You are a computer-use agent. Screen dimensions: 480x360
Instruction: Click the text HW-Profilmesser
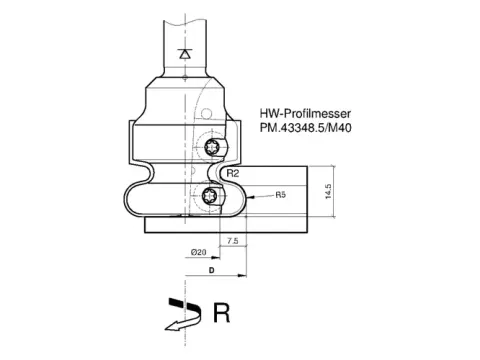(x=305, y=114)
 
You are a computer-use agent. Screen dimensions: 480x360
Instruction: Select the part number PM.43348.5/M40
(x=305, y=128)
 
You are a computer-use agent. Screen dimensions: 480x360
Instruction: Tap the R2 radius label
(x=233, y=173)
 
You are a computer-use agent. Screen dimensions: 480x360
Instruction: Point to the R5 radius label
(x=281, y=195)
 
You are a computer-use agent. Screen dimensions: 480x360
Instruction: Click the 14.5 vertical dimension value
(x=328, y=192)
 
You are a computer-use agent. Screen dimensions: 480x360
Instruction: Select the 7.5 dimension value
(x=233, y=241)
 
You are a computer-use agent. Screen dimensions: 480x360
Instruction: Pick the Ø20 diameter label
(x=198, y=252)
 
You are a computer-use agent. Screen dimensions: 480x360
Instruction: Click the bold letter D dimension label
(x=211, y=270)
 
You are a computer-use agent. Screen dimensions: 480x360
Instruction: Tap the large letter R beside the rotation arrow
(x=221, y=313)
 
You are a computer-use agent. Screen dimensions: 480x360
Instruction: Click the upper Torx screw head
(x=212, y=147)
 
